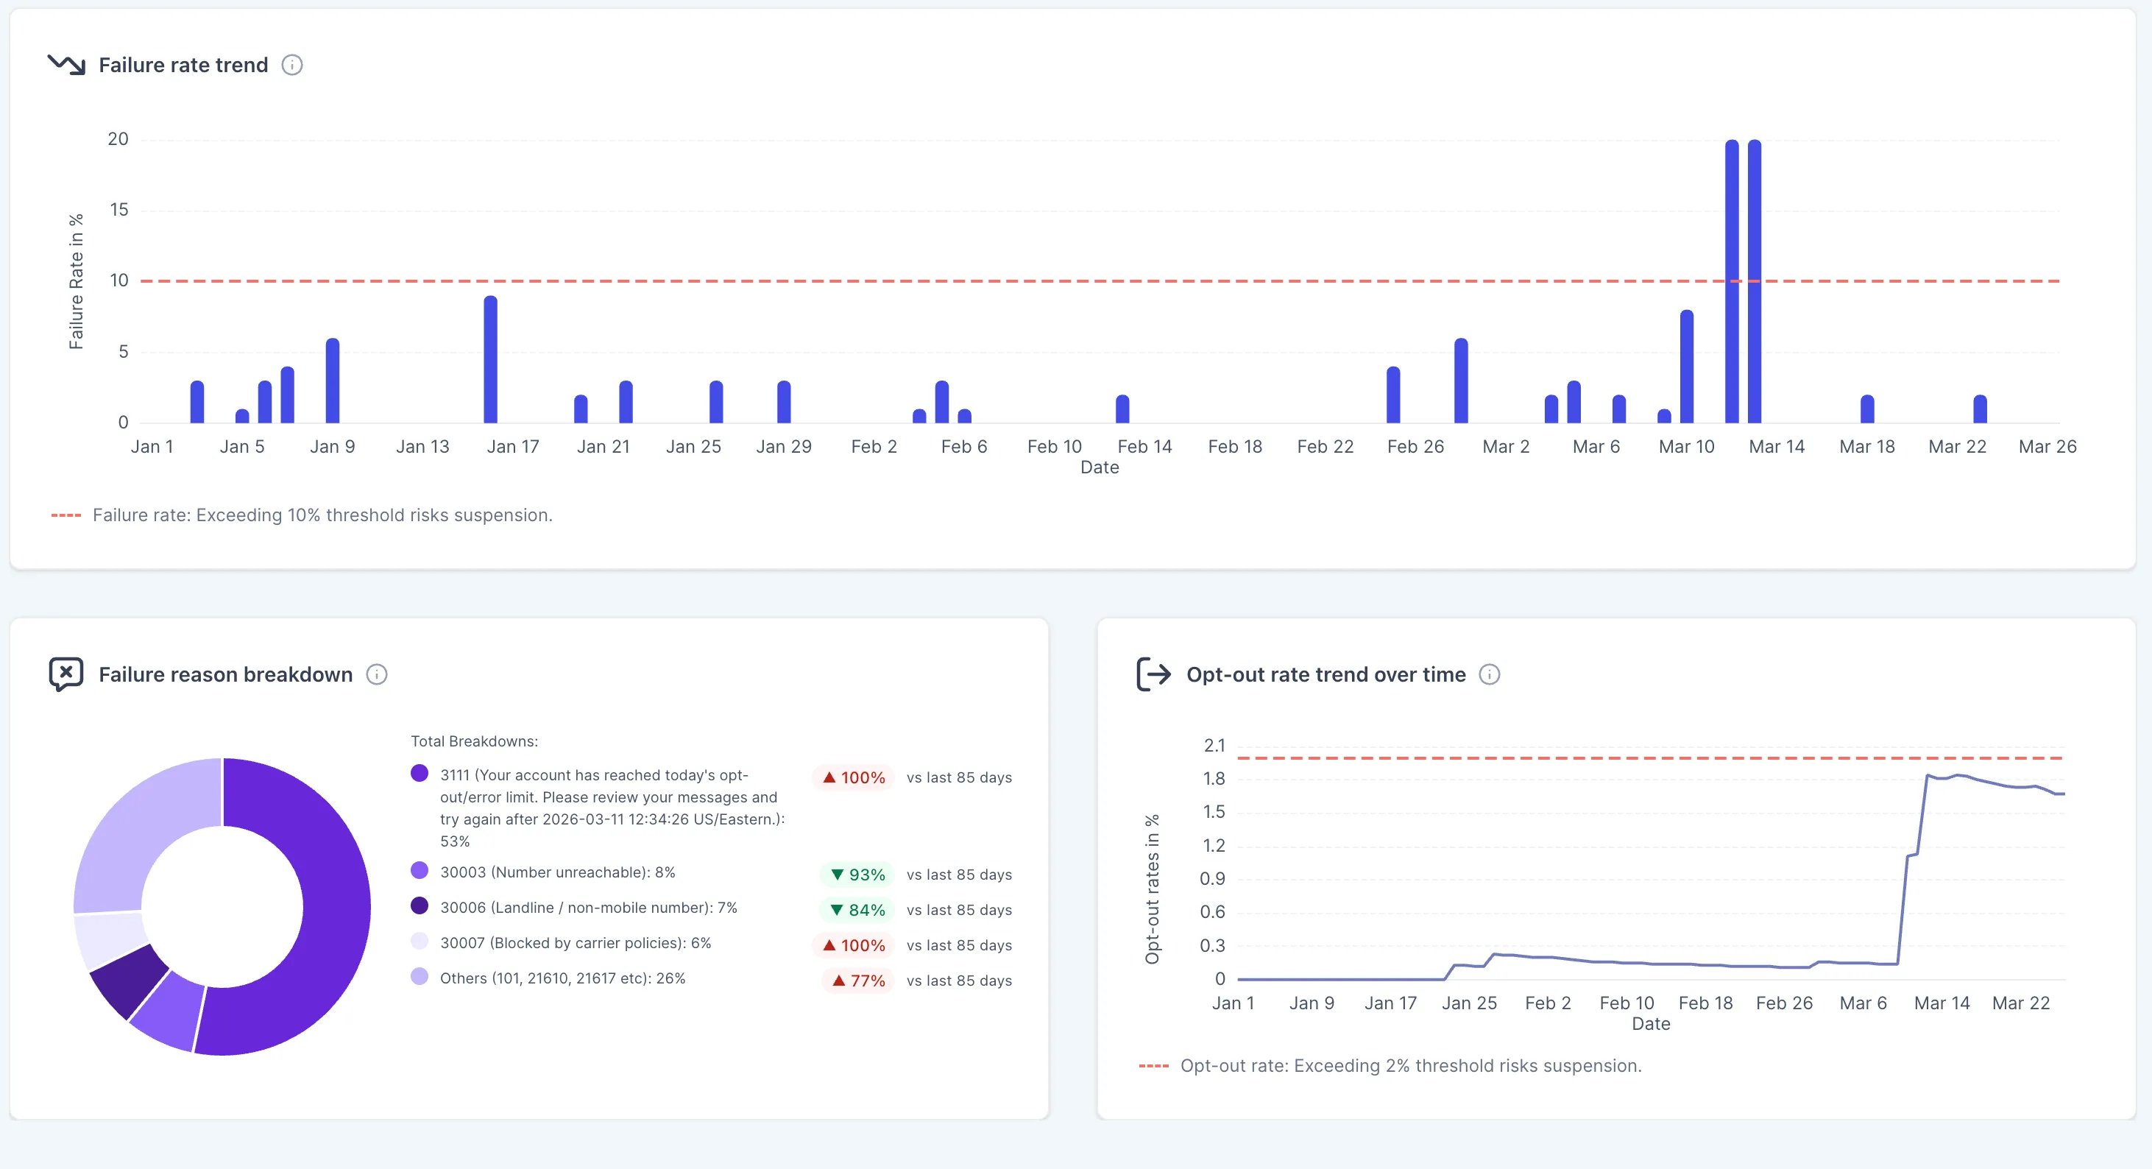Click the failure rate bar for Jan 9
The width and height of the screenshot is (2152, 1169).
(x=333, y=381)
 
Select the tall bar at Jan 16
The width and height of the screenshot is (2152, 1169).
(x=490, y=359)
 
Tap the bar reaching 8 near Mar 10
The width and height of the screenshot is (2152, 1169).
(x=1687, y=367)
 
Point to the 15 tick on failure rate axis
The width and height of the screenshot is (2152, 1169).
(x=118, y=210)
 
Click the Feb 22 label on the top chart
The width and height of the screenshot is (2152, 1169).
(x=1325, y=446)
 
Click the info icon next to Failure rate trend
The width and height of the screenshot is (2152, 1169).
(x=291, y=66)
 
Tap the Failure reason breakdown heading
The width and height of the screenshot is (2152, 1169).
(x=225, y=674)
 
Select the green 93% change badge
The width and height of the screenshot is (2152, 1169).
(x=857, y=874)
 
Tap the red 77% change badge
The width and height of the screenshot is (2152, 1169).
(x=857, y=980)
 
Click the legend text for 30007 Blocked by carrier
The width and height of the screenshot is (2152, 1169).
(x=576, y=942)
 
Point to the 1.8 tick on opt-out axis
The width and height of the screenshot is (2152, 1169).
(x=1213, y=779)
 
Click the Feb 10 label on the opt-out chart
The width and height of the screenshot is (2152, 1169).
(x=1626, y=1003)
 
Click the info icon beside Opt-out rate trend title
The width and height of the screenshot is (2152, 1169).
(x=1490, y=674)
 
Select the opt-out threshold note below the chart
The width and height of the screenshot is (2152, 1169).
(x=1410, y=1065)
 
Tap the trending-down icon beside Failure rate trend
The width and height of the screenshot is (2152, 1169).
(x=67, y=64)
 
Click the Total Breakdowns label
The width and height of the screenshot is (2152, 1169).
(x=474, y=741)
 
